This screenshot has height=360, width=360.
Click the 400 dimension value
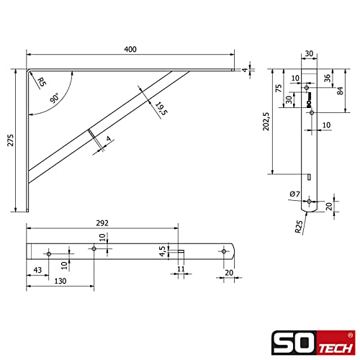tap(130, 49)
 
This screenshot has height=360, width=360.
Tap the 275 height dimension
tap(11, 140)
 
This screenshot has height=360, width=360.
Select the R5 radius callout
tap(42, 82)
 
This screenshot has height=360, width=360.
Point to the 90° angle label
tap(55, 98)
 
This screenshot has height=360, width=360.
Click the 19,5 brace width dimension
tap(161, 109)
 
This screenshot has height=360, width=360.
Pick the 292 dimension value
tap(102, 223)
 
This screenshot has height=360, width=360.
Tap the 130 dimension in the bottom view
tap(60, 281)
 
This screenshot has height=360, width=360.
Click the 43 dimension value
tap(37, 270)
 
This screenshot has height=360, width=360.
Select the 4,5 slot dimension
tap(163, 251)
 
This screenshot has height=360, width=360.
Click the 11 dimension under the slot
tap(181, 269)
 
